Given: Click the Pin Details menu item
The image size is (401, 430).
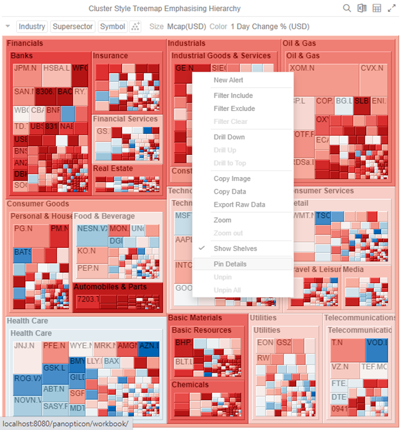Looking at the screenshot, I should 230,264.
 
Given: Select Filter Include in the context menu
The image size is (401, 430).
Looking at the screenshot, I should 233,96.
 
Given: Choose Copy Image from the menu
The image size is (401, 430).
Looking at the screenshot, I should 231,179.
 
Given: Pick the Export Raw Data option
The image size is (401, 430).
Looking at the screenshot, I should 239,205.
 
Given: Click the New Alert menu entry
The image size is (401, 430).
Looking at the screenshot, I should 228,80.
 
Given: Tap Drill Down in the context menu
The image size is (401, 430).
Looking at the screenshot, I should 229,137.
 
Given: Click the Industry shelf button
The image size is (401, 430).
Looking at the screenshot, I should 31,27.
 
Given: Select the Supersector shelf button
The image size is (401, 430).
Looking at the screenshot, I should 73,27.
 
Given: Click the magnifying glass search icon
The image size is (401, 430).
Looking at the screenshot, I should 347,9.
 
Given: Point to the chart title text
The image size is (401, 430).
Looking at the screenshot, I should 165,9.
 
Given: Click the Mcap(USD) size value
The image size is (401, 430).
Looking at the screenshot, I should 187,27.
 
